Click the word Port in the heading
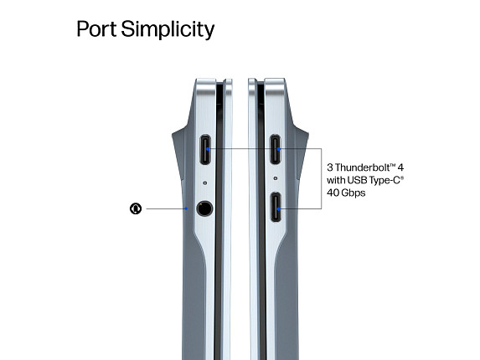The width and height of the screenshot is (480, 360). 96,28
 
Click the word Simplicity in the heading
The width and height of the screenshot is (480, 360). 168,29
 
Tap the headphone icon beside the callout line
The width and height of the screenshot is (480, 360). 136,208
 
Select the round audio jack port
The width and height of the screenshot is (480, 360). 204,209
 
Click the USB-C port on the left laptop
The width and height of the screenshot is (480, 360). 205,150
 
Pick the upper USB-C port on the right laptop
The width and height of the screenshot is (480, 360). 276,149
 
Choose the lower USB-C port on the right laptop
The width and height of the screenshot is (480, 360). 276,207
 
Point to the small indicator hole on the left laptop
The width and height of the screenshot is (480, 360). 204,183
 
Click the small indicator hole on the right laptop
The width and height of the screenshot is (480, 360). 276,178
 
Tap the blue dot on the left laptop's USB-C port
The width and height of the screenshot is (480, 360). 208,149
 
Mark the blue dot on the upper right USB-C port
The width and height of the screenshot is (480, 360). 278,149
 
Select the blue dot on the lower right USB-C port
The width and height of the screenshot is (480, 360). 278,209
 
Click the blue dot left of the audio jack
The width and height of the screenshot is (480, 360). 186,208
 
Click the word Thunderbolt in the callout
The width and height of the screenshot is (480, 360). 363,167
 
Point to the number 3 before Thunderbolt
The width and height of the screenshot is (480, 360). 330,167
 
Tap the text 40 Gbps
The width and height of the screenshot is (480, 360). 346,193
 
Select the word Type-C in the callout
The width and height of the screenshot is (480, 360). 385,180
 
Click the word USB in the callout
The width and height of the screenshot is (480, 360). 357,180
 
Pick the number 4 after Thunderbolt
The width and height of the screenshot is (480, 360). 400,167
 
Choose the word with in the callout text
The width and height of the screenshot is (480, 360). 336,180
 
